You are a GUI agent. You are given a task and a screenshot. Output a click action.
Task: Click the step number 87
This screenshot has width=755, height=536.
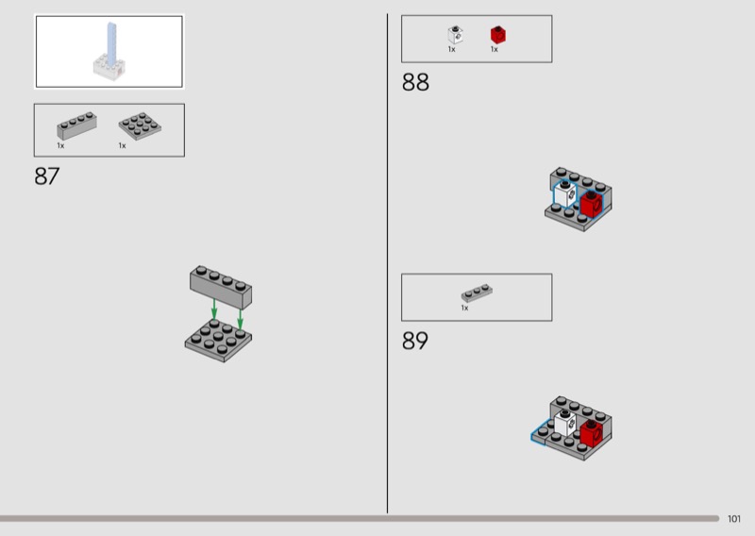[46, 176]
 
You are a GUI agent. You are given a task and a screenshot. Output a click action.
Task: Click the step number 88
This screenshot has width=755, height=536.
[415, 82]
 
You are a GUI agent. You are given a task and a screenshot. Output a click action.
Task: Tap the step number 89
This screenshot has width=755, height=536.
[414, 341]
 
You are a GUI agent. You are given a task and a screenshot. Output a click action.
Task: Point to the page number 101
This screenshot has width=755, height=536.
[734, 519]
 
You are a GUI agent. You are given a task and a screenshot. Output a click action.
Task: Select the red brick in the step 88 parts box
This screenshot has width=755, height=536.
[498, 35]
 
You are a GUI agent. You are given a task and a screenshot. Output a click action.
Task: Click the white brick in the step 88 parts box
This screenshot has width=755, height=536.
[455, 35]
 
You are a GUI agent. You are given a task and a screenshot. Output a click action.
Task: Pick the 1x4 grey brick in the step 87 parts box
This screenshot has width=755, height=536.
[76, 126]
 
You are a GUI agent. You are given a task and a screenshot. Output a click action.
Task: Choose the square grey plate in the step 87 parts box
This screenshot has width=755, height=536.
[140, 126]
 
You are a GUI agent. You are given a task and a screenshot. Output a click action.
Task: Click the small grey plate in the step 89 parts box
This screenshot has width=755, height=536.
[477, 293]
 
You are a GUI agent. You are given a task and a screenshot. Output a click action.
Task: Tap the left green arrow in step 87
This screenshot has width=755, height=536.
[214, 309]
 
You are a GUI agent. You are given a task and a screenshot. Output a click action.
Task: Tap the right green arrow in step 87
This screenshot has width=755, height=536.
[241, 319]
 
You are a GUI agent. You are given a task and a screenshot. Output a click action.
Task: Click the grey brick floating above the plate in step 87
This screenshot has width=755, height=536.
[221, 287]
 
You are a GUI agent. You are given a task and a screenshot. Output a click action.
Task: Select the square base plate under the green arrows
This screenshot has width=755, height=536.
[218, 340]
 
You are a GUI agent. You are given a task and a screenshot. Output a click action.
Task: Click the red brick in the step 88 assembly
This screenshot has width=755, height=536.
[592, 204]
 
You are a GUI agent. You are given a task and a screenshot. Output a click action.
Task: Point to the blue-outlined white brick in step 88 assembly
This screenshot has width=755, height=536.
[565, 194]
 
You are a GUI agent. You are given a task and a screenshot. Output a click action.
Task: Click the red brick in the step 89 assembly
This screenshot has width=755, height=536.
[591, 432]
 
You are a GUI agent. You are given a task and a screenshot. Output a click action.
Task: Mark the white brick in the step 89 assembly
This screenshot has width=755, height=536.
[564, 423]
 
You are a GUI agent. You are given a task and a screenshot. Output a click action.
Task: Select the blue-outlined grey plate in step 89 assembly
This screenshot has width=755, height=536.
[540, 432]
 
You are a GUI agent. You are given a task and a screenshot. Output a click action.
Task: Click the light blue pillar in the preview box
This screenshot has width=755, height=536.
[111, 44]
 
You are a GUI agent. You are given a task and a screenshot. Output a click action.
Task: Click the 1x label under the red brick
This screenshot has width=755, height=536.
[494, 49]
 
